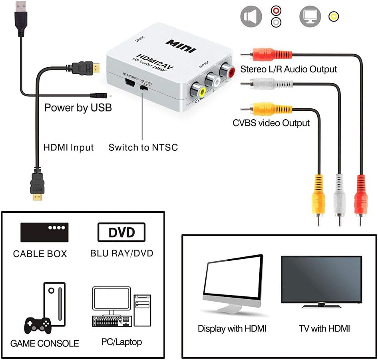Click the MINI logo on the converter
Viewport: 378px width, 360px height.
pyautogui.click(x=181, y=45)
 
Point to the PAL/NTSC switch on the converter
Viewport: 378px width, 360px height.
pyautogui.click(x=143, y=86)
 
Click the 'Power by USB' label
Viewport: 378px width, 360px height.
pyautogui.click(x=78, y=108)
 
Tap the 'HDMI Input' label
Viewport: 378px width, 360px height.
pyautogui.click(x=68, y=147)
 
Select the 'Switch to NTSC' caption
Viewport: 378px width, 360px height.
pyautogui.click(x=143, y=147)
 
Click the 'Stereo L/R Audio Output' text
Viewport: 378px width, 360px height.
pyautogui.click(x=288, y=69)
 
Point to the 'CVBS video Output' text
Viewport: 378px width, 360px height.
pyautogui.click(x=271, y=123)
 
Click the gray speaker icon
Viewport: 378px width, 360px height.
pyautogui.click(x=251, y=16)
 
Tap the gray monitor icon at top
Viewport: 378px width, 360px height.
pyautogui.click(x=310, y=16)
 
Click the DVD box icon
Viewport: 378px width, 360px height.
pyautogui.click(x=121, y=232)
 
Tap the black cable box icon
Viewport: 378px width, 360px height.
pyautogui.click(x=44, y=232)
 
